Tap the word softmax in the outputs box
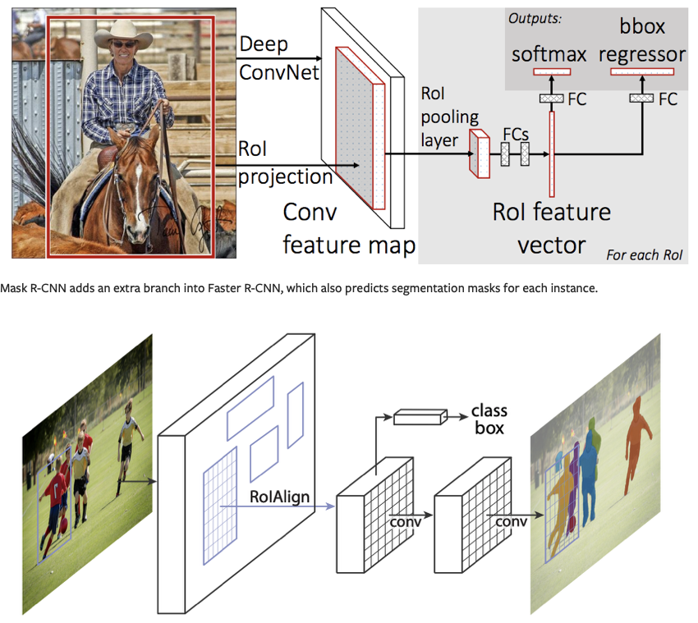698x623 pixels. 549,55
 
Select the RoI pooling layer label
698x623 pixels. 449,116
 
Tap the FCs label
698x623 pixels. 515,134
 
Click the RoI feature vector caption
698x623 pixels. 551,227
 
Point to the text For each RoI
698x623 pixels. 645,254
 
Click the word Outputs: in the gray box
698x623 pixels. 535,18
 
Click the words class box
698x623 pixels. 489,419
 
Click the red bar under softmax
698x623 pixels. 552,72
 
